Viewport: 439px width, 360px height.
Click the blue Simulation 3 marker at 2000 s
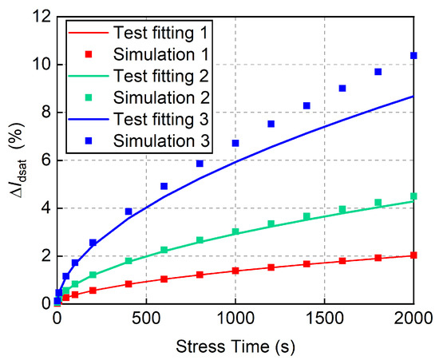tap(413, 55)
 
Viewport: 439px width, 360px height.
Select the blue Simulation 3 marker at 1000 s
tap(235, 143)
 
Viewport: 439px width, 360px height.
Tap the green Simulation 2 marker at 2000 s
tap(413, 196)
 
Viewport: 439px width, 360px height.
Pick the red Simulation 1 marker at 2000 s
tap(413, 255)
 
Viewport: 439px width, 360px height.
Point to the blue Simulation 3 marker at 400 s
tap(129, 212)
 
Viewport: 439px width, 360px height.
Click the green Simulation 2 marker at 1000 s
tap(235, 231)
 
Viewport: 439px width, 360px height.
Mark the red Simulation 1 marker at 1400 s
tap(307, 263)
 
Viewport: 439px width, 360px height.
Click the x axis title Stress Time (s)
tap(235, 345)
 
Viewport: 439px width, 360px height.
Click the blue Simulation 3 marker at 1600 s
tap(342, 88)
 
